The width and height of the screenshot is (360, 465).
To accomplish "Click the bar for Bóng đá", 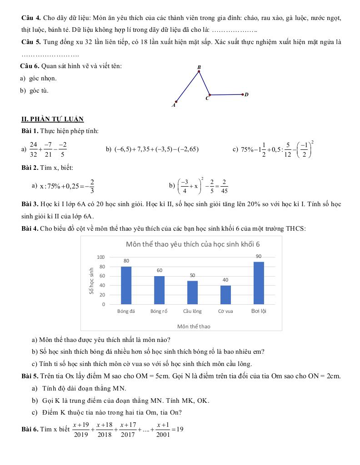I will [x=126, y=285].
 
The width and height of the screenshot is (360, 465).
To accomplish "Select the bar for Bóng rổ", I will [x=159, y=290].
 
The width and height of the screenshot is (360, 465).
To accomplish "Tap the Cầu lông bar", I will [x=192, y=292].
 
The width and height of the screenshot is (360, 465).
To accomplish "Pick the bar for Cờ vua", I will [x=225, y=294].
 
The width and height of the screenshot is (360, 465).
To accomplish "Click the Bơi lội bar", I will [x=259, y=283].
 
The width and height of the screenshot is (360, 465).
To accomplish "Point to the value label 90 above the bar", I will [x=259, y=257].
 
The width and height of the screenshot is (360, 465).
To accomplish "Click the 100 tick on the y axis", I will [x=101, y=257].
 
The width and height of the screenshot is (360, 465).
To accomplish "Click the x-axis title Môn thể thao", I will [x=194, y=326].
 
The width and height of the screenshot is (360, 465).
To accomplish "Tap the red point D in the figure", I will [x=243, y=94].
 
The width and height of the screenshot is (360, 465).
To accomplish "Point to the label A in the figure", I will [x=173, y=105].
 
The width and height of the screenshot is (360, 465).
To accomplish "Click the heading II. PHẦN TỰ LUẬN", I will [x=53, y=119].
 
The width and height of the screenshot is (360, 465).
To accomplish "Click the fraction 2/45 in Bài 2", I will [x=225, y=186].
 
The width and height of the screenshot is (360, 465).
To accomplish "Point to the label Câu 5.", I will [x=31, y=42].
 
